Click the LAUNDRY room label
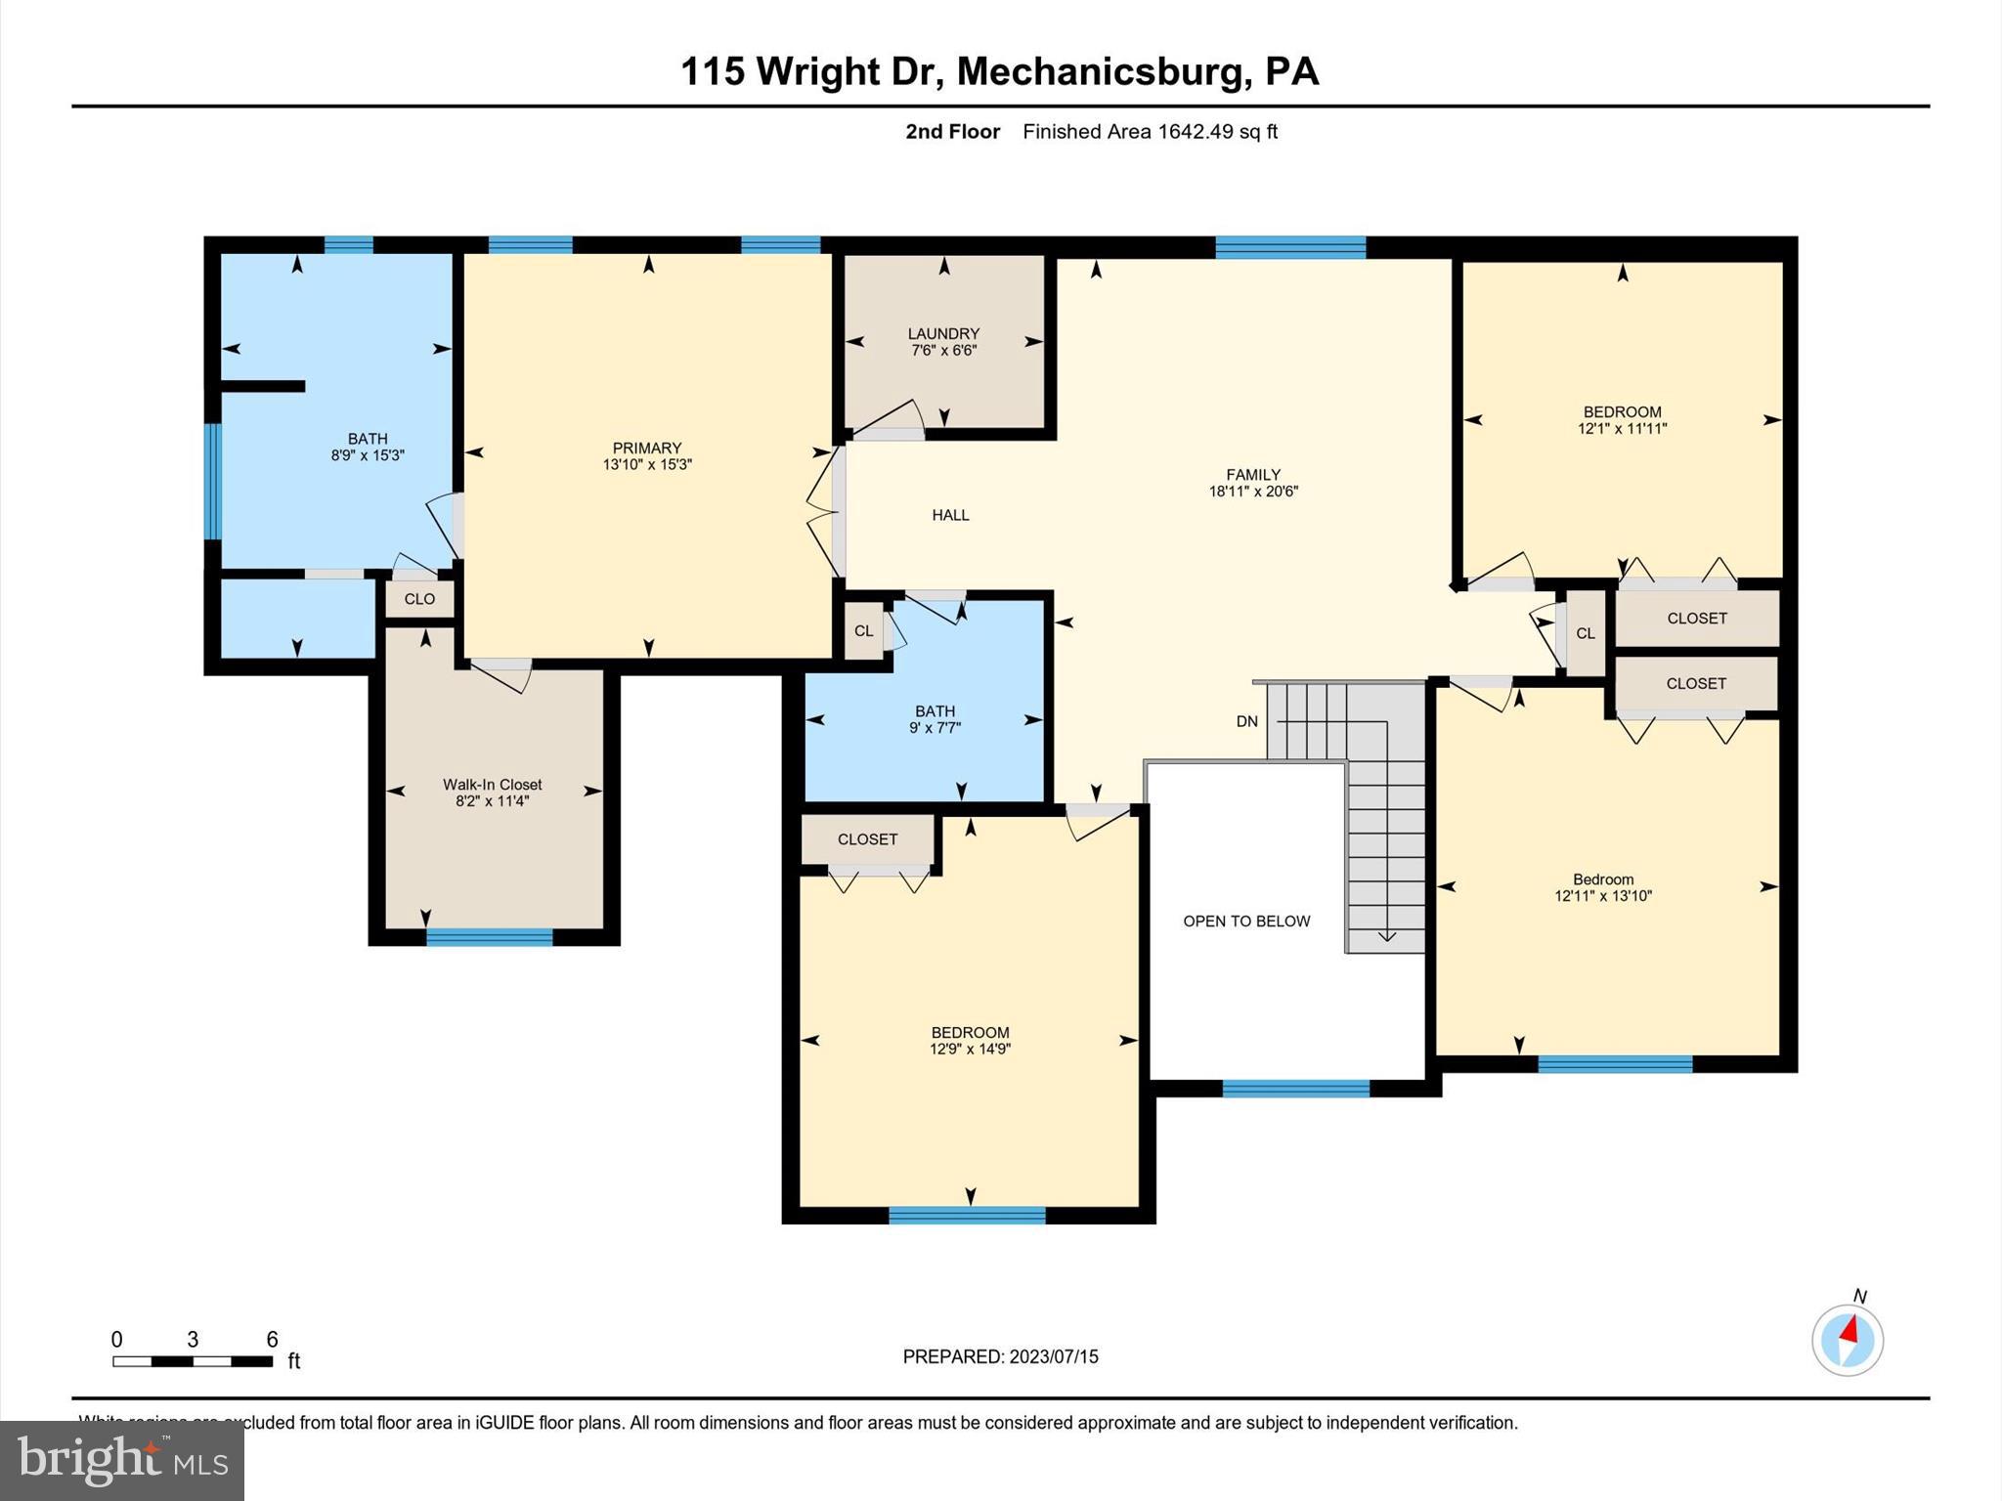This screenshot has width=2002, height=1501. [942, 333]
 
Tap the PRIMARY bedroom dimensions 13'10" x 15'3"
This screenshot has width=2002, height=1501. [646, 465]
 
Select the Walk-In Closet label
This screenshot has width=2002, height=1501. [492, 784]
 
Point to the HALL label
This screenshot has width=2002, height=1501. [950, 515]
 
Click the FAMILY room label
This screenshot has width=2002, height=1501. [1253, 475]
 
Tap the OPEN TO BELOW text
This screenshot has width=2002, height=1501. [1246, 921]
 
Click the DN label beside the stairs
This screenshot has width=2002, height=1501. [1246, 721]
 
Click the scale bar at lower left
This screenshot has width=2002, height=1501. [193, 1361]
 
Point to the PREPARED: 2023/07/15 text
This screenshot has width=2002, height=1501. [1000, 1356]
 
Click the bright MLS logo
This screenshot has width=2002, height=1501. [122, 1460]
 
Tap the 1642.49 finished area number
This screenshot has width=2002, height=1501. [1195, 132]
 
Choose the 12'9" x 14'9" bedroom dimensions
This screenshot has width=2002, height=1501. [970, 1050]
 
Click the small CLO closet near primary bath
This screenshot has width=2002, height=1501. [419, 599]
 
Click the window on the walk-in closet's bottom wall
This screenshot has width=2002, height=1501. [489, 937]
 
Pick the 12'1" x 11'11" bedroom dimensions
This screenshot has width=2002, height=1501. [1622, 428]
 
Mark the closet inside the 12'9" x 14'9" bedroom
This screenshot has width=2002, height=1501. [867, 839]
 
